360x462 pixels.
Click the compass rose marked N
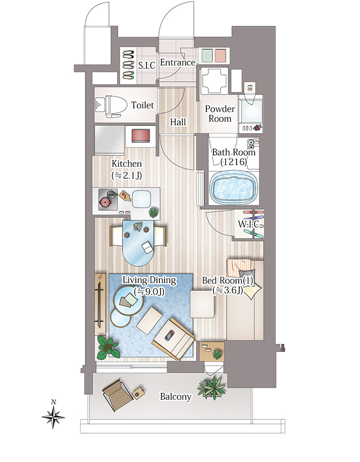[x=53, y=417]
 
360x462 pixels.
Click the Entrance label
[x=177, y=63]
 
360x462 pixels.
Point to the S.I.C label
[x=147, y=65]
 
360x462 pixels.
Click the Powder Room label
[x=220, y=114]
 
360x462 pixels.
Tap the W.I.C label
[x=248, y=224]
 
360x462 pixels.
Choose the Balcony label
[x=175, y=397]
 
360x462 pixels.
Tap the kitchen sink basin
[x=141, y=199]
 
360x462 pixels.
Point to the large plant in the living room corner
[x=108, y=347]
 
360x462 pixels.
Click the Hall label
[x=178, y=122]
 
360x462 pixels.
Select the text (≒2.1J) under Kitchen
[x=127, y=176]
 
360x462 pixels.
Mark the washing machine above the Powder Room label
[x=214, y=81]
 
